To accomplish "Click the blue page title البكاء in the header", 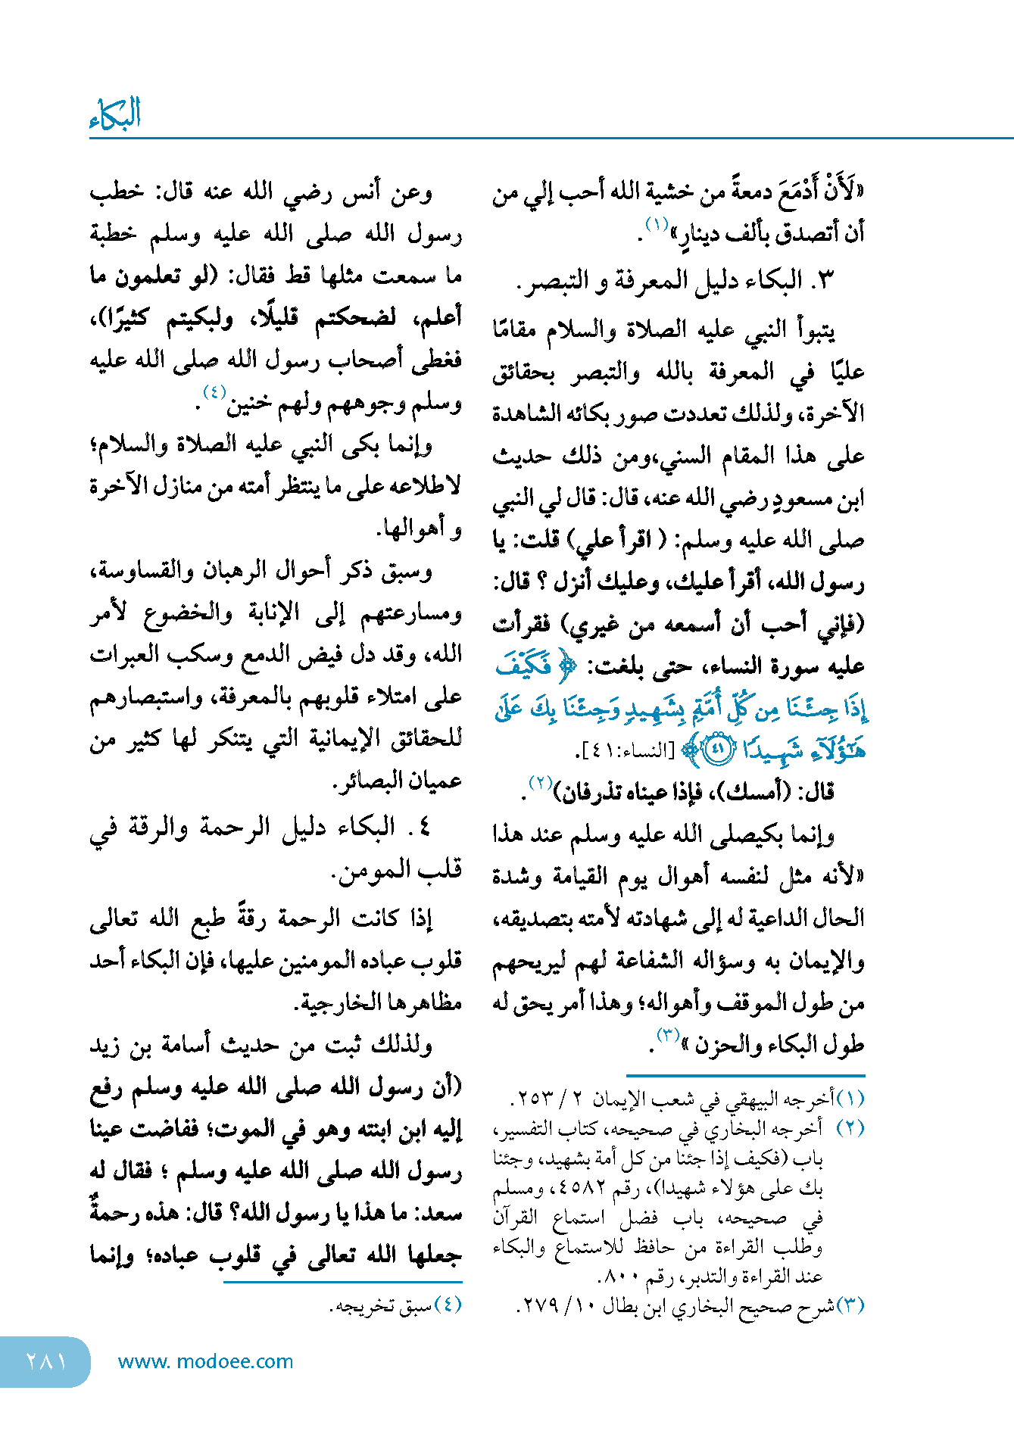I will click(x=115, y=114).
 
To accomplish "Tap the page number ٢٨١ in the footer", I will click(x=46, y=1361).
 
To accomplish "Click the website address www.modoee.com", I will click(x=205, y=1361).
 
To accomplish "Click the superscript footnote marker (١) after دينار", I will click(x=656, y=224).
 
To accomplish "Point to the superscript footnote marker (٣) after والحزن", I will click(x=668, y=1035).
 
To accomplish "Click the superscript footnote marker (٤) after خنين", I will click(x=214, y=392).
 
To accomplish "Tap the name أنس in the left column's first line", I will click(x=363, y=192).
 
